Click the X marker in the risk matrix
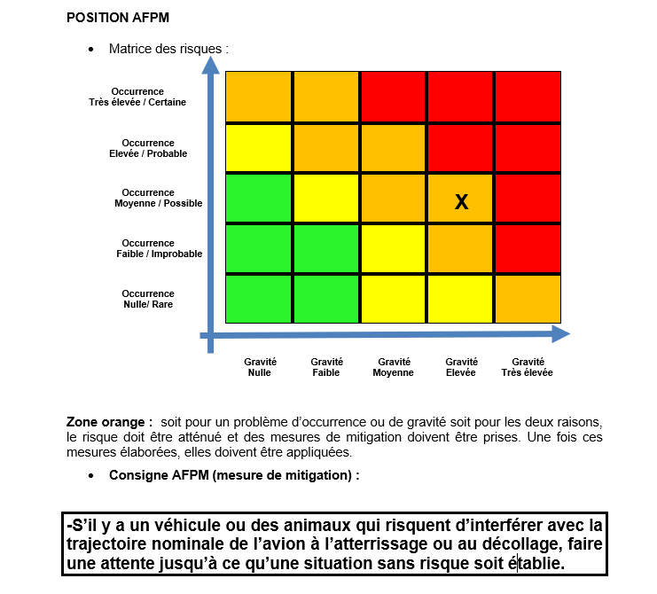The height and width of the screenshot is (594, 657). click(x=461, y=202)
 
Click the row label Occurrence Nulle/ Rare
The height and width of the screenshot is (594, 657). click(x=148, y=299)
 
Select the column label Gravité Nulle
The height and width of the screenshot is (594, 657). click(x=260, y=367)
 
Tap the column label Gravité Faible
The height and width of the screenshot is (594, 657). click(x=326, y=367)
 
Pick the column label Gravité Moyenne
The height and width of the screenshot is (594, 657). click(x=394, y=367)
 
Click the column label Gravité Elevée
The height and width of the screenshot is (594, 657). click(x=461, y=367)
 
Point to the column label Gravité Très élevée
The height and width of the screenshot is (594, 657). click(x=528, y=367)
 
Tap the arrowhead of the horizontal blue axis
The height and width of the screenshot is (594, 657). click(x=560, y=333)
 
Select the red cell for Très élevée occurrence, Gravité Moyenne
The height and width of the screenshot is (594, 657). click(x=394, y=96)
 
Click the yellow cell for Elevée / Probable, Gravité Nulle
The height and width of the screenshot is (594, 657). click(x=259, y=147)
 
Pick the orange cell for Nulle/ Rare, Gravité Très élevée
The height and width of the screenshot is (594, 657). click(x=528, y=299)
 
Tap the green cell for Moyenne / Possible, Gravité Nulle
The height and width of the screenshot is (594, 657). click(x=259, y=199)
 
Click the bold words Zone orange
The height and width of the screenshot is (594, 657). click(x=108, y=421)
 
